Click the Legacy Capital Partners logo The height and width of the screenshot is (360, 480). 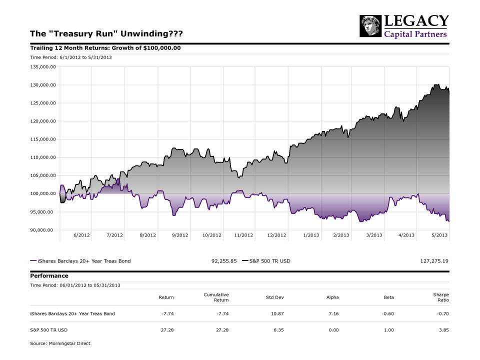point(404,26)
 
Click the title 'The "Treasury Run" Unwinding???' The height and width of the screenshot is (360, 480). point(106,33)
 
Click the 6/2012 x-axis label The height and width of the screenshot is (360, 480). point(81,235)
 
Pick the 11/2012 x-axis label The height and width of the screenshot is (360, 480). point(243,235)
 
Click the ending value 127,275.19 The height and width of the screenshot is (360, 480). point(434,261)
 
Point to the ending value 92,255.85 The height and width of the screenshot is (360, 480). point(224,261)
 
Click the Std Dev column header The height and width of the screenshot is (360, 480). point(274,297)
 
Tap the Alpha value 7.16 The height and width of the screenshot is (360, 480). point(333,314)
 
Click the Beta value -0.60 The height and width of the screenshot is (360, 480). point(387,314)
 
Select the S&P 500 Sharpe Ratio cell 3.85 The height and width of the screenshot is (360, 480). point(443,330)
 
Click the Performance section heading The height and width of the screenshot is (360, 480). point(49,275)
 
